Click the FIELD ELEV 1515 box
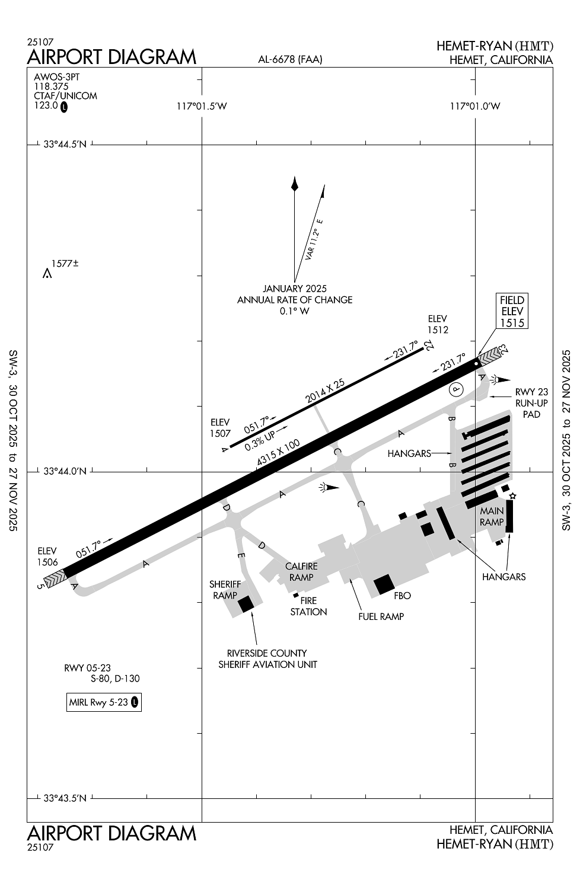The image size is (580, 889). coord(512,311)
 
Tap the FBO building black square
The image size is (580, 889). coord(384,584)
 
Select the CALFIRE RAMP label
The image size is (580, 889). coord(301,572)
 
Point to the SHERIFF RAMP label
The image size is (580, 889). coord(225,590)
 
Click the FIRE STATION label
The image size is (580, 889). coord(308,606)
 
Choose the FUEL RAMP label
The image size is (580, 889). coord(381,616)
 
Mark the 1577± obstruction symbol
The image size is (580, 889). coord(47,274)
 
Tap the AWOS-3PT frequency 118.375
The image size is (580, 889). coord(51,87)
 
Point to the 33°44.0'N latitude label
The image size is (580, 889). coord(65,472)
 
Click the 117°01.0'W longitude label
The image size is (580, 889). coord(475,106)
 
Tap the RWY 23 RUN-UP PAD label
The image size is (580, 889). coord(531,403)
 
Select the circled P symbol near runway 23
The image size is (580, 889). coord(455,389)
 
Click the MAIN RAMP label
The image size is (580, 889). coord(492,516)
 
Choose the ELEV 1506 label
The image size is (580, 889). coord(47,557)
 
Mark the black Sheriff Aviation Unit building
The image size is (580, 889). coord(246,604)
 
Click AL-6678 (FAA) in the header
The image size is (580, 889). coord(290,59)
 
